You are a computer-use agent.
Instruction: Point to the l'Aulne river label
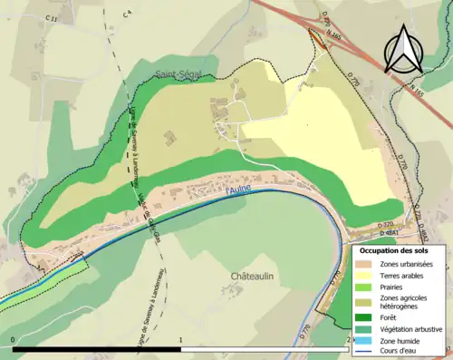pyautogui.click(x=238, y=189)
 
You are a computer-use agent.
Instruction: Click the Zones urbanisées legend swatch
pyautogui.click(x=367, y=263)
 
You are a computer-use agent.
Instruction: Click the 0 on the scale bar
pyautogui.click(x=13, y=339)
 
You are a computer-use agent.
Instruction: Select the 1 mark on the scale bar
pyautogui.click(x=181, y=339)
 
